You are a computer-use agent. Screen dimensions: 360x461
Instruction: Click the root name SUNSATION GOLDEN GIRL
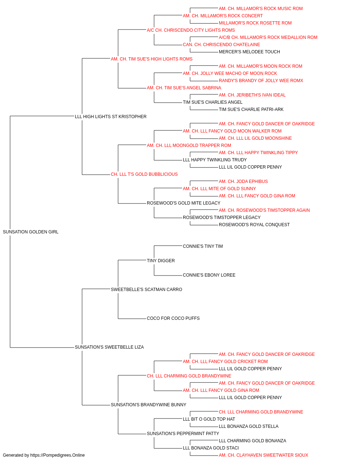point(31,232)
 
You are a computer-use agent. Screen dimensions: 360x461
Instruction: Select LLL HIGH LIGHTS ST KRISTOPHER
point(111,117)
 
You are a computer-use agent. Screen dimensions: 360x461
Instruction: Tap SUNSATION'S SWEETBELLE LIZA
point(109,347)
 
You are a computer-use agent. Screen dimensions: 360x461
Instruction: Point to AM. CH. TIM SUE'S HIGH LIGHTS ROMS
point(152,59)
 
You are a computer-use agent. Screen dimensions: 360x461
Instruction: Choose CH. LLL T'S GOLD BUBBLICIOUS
point(144,174)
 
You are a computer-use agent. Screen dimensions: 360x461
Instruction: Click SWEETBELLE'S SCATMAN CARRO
point(146,289)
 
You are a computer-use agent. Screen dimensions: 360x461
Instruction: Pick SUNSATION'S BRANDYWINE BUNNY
point(148,404)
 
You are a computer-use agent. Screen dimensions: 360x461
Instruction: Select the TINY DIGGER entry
point(161,260)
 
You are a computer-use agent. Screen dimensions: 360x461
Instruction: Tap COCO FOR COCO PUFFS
point(173,318)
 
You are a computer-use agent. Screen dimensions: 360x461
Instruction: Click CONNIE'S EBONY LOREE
point(209,275)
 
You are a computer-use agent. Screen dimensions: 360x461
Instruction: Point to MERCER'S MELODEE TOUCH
point(249,52)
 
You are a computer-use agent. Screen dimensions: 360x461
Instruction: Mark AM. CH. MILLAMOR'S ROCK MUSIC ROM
point(261,9)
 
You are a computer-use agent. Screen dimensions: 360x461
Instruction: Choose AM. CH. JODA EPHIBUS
point(243,182)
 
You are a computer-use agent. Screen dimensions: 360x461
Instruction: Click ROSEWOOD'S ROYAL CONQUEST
point(254,225)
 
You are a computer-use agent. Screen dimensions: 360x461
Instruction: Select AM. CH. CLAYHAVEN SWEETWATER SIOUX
point(263,455)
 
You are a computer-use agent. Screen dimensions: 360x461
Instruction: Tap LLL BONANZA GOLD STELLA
point(248,426)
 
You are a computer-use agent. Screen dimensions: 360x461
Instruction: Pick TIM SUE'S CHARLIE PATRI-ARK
point(251,109)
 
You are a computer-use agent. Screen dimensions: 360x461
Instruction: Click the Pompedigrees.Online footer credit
point(44,455)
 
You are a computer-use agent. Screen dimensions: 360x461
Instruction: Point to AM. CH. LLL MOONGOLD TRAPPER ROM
point(189,145)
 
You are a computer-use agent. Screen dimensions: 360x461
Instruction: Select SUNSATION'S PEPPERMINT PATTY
point(183,433)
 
